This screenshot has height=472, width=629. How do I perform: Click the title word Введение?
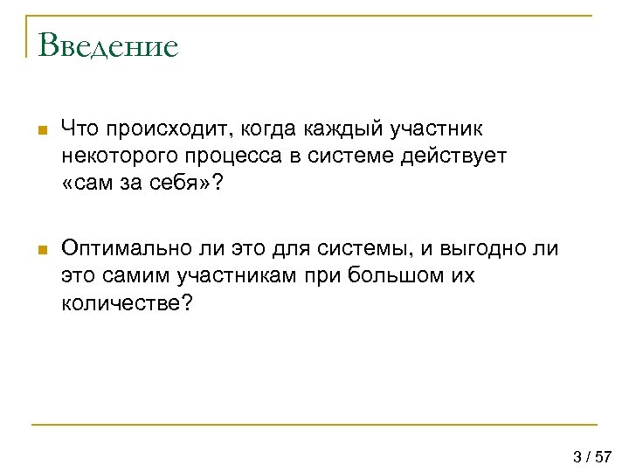pos(108,45)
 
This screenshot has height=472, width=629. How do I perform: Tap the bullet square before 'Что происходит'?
pos(40,131)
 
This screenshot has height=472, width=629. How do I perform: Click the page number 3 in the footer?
pos(577,456)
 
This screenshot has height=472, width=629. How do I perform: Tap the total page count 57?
pos(603,456)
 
